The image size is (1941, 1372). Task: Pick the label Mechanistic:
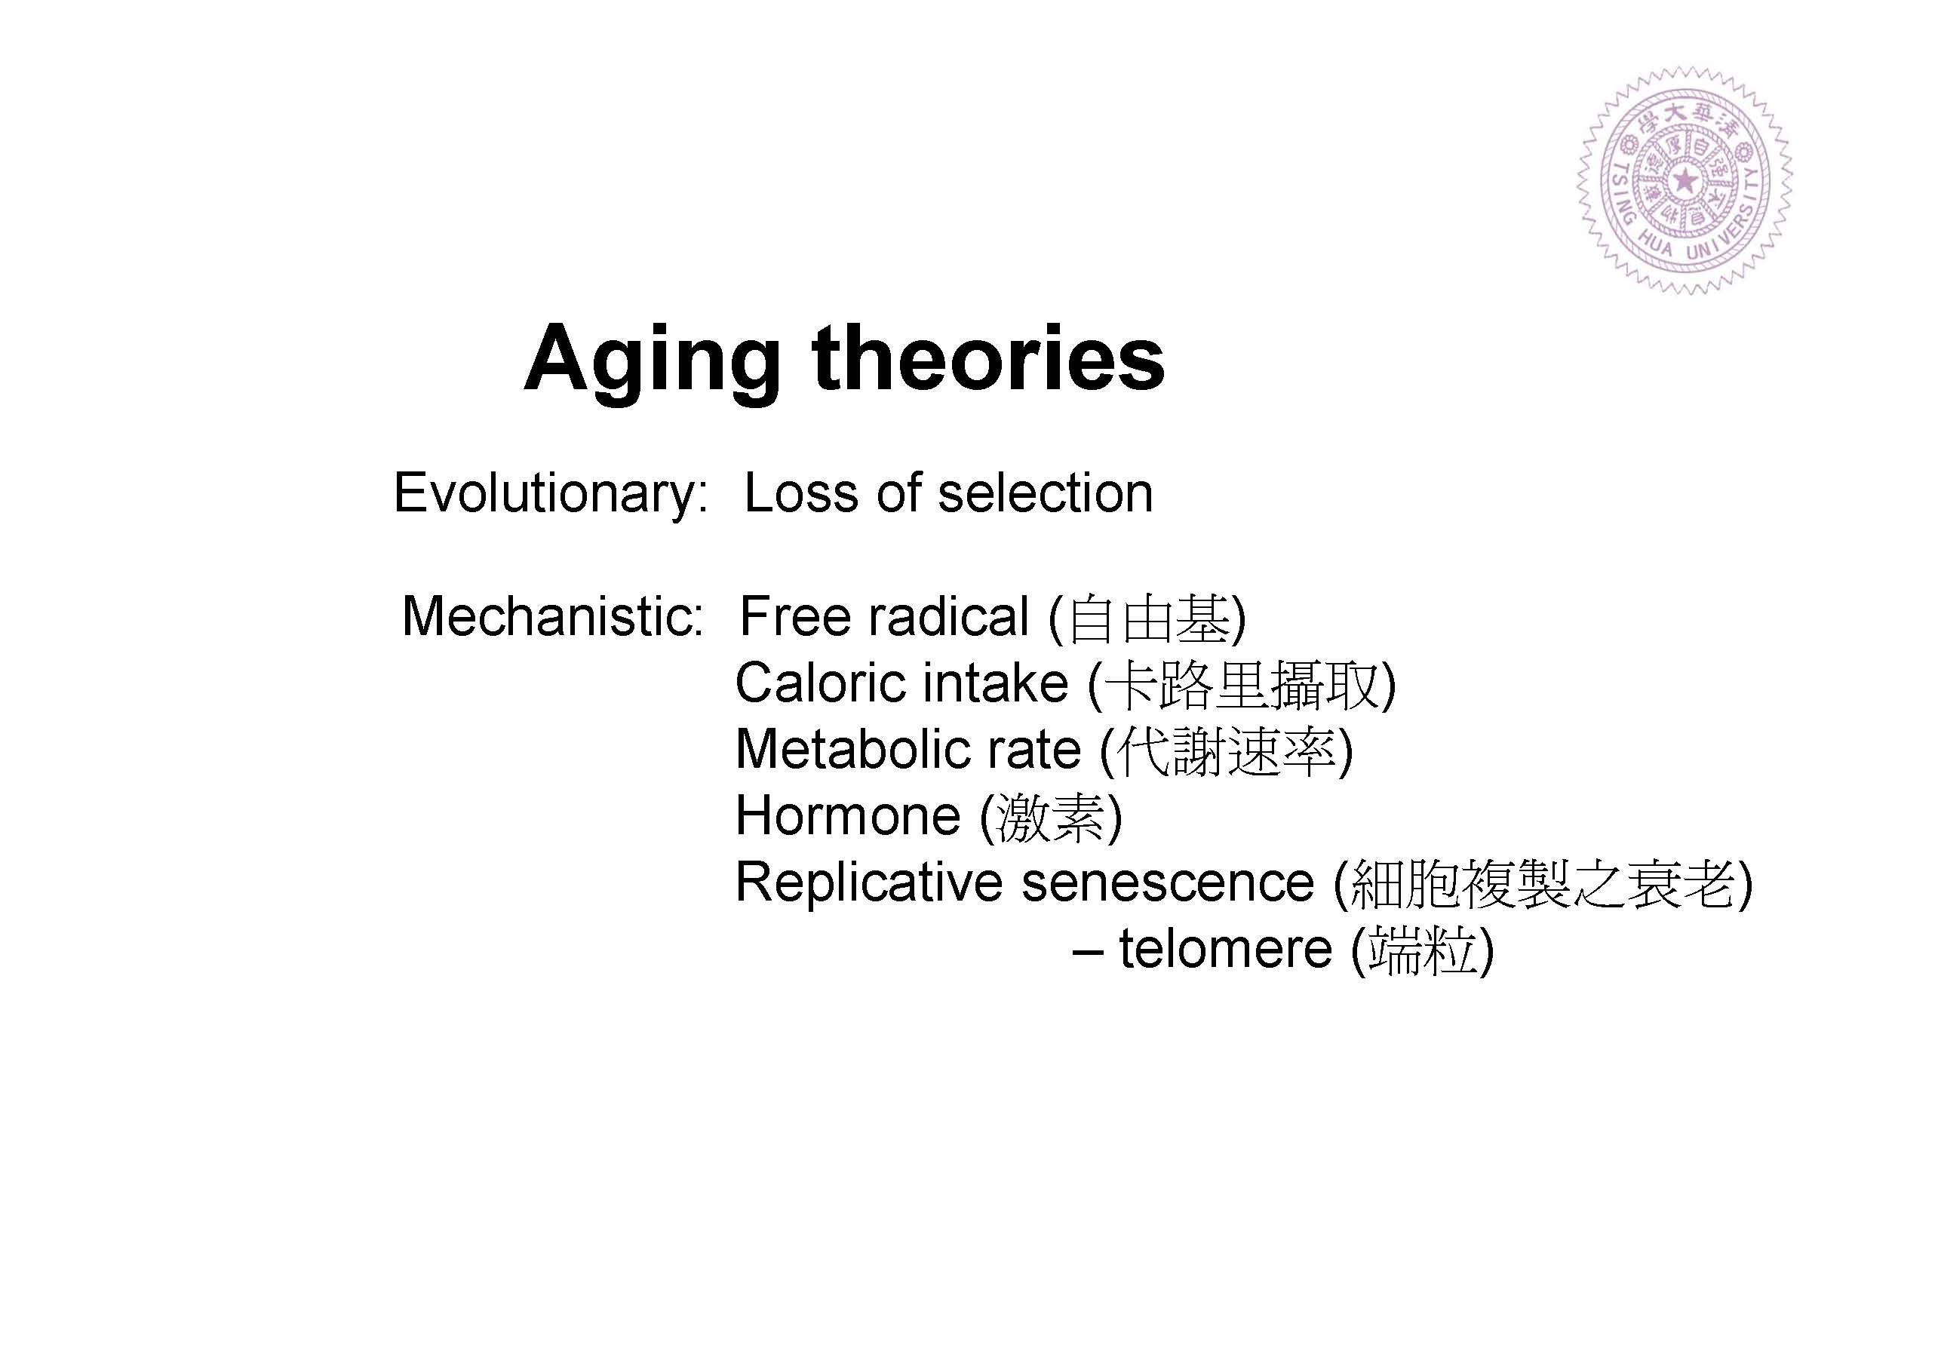click(x=553, y=615)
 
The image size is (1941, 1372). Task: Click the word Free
click(x=794, y=615)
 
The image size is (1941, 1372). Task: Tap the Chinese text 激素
click(x=1051, y=818)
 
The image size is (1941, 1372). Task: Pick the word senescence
click(x=1168, y=883)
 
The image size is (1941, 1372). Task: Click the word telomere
click(x=1226, y=950)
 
